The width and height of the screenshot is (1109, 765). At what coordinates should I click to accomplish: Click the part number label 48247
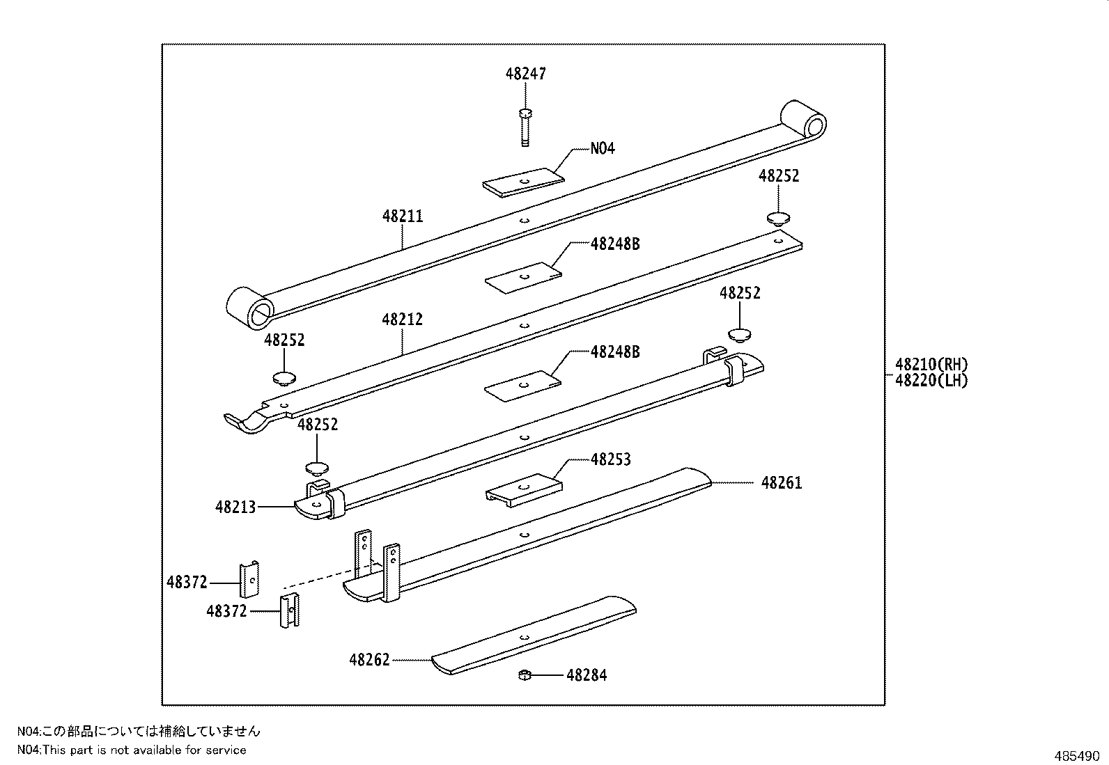[526, 74]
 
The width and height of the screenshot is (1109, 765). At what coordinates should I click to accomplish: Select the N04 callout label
[603, 148]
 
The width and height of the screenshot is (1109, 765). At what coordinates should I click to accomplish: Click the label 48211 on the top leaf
[402, 216]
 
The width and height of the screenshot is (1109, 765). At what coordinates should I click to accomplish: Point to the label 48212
[402, 320]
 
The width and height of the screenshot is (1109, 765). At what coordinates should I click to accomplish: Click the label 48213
[235, 507]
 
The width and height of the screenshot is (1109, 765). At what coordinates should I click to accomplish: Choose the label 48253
[610, 459]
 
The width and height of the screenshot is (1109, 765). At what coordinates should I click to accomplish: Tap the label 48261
[782, 483]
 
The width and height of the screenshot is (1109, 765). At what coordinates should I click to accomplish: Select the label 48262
[369, 660]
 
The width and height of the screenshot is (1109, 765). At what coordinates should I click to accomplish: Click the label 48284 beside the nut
[586, 675]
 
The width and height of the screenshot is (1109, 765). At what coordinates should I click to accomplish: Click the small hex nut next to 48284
[526, 675]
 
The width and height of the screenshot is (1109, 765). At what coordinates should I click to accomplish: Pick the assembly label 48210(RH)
[931, 364]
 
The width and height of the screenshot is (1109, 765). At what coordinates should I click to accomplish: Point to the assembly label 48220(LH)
[931, 381]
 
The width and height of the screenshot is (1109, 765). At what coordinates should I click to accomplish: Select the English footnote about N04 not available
[132, 750]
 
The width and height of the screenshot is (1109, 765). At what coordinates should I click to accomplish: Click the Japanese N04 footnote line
[139, 731]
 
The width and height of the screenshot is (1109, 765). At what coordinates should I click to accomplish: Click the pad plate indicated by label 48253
[523, 487]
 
